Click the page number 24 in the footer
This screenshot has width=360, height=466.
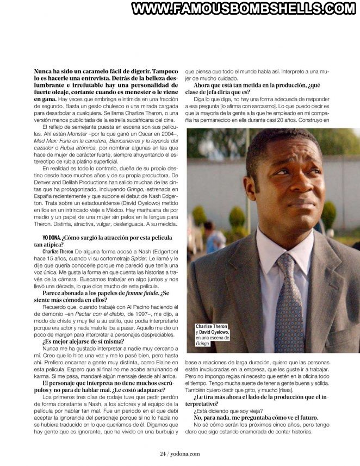tap(162, 454)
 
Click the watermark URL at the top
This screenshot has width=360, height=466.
tap(243, 9)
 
